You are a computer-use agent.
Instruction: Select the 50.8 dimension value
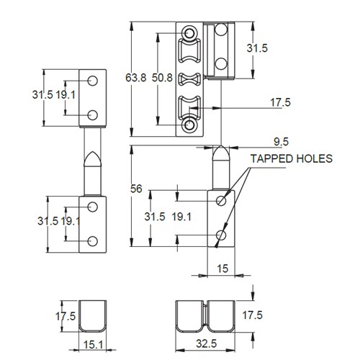coord(163,76)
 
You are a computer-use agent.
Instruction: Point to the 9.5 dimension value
coord(282,141)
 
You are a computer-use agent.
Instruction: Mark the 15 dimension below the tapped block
coord(222,269)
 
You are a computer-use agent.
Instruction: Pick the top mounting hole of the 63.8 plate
coord(189,34)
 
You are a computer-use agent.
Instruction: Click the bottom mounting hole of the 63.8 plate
coord(189,125)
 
